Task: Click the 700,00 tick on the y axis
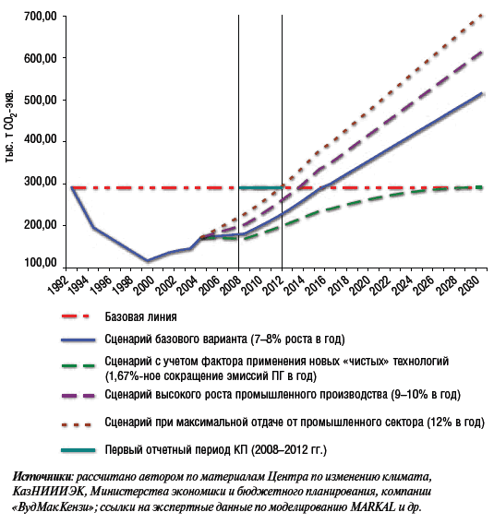[41, 16]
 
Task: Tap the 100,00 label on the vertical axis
[41, 263]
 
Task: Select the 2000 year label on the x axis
[144, 286]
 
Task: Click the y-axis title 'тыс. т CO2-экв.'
[10, 126]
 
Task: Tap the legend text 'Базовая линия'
[140, 316]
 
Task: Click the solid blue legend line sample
[78, 339]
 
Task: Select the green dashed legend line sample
[78, 365]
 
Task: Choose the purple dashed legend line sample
[78, 396]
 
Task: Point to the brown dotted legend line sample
[77, 425]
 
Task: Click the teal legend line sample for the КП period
[78, 450]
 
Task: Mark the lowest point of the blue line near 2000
[147, 261]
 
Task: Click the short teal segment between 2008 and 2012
[260, 187]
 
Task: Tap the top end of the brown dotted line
[482, 15]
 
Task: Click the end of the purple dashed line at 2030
[482, 52]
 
